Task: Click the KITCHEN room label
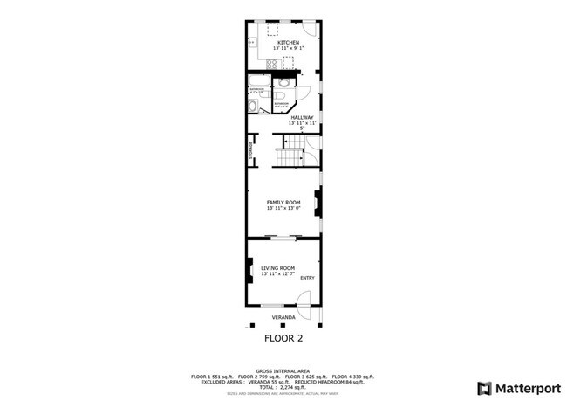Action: coord(288,43)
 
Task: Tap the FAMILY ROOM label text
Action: coord(283,202)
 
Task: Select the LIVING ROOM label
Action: coord(277,268)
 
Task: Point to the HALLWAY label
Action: coord(302,118)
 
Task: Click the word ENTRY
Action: coord(307,278)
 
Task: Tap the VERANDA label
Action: coord(282,317)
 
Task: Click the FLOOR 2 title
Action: coord(283,337)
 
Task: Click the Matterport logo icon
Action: coord(482,387)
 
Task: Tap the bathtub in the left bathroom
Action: coord(253,106)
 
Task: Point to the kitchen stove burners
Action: coord(288,61)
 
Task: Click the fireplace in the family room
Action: coord(319,204)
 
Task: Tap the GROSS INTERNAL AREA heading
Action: coord(283,370)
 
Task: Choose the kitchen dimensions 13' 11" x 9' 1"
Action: coord(288,49)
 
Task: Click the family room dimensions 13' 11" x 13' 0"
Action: coord(283,208)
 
